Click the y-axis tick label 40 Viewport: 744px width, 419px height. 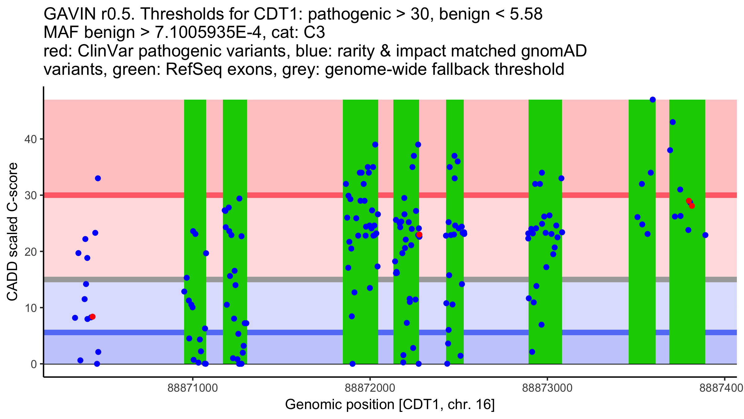(30, 139)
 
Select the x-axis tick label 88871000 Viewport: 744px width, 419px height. (193, 388)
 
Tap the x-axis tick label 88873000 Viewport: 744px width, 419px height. (547, 388)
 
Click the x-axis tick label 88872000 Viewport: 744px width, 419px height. (370, 388)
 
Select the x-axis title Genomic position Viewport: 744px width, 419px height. (390, 405)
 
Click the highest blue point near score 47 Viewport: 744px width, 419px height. (653, 100)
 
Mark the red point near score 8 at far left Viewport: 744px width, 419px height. (92, 317)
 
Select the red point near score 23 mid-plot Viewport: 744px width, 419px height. (419, 234)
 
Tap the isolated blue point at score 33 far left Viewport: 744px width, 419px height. (98, 178)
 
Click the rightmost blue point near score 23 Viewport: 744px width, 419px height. (705, 235)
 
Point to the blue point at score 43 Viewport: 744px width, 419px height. (673, 122)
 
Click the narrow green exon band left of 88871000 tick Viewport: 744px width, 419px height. (195, 217)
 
